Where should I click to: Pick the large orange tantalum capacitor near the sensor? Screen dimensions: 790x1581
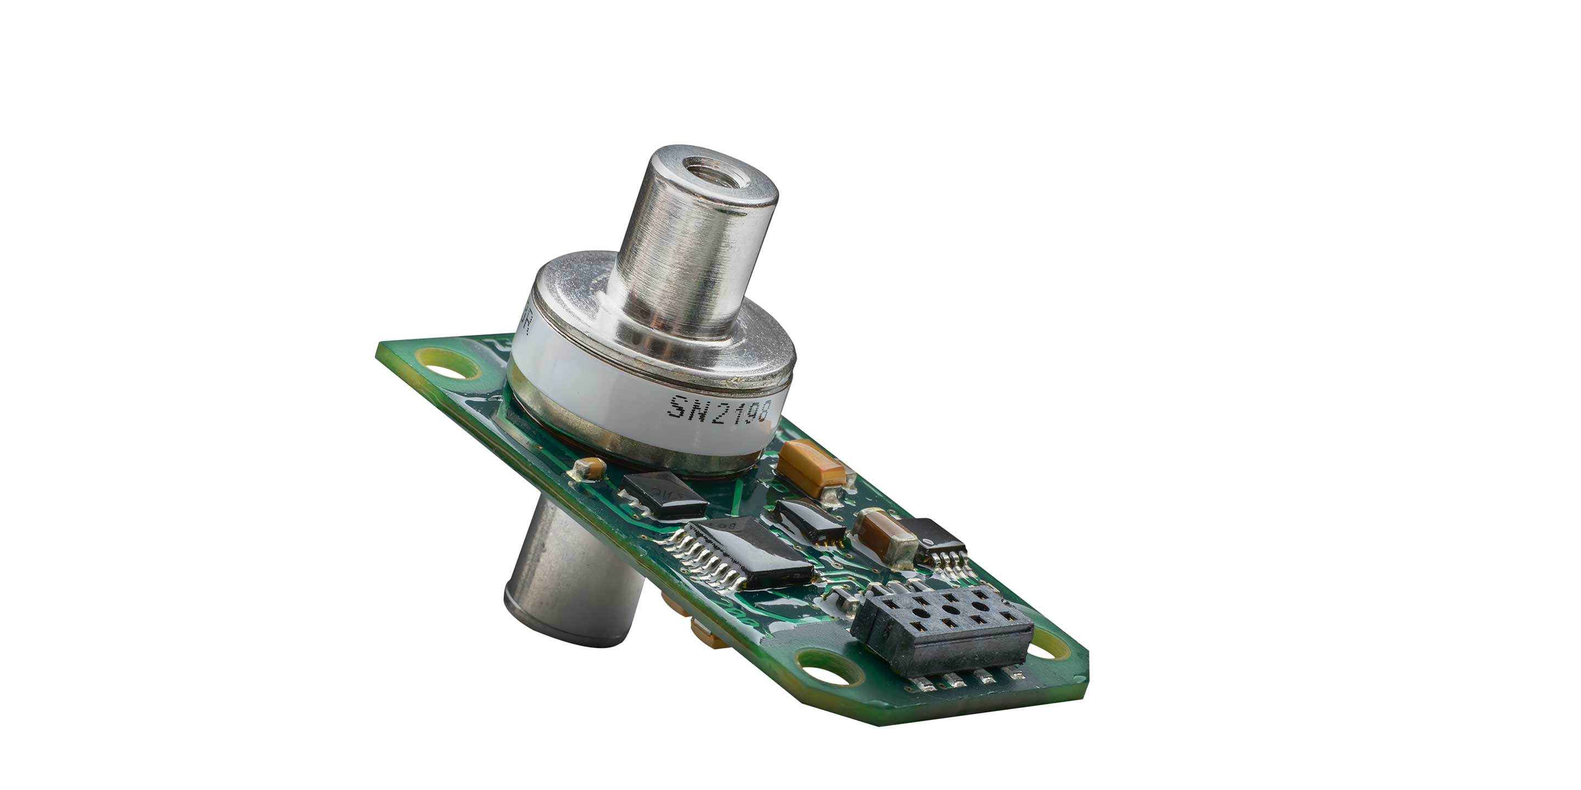[811, 468]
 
